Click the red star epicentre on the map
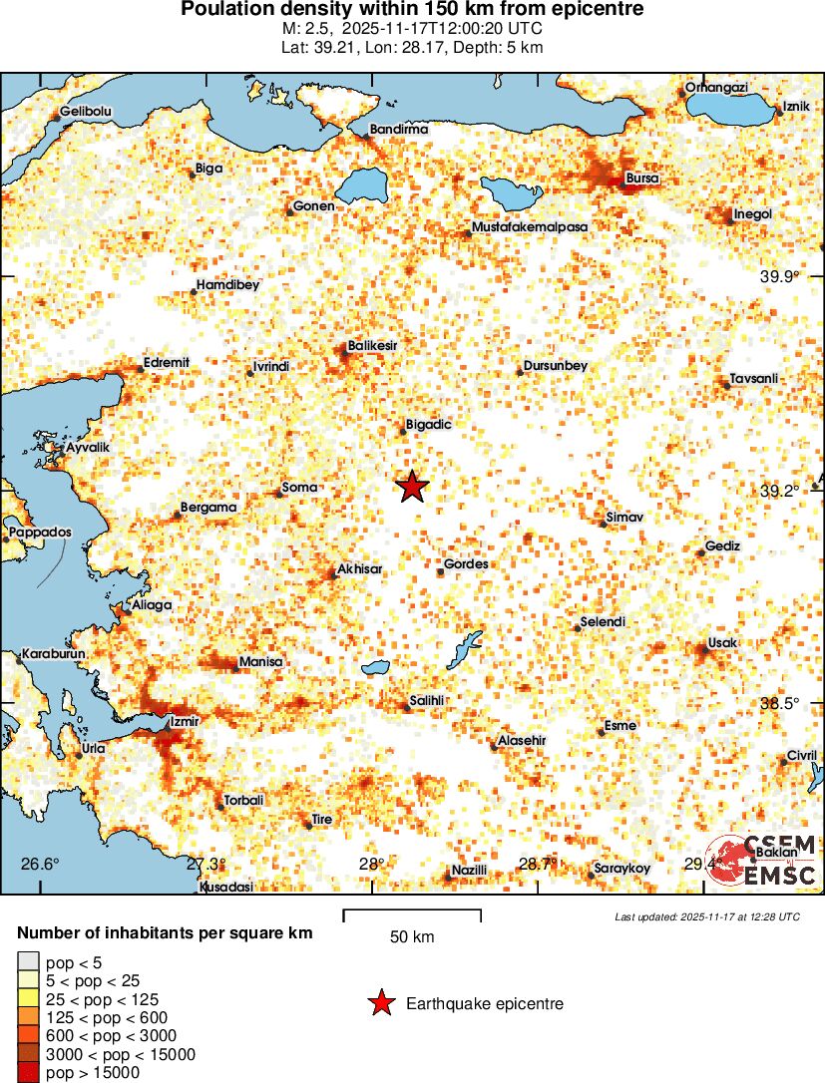(x=412, y=487)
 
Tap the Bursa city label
(x=641, y=179)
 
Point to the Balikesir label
(x=373, y=346)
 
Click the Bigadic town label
(x=429, y=425)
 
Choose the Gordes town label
(x=466, y=564)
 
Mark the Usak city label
(x=721, y=643)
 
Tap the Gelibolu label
(x=86, y=112)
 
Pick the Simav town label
(x=625, y=519)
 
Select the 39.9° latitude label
(x=780, y=277)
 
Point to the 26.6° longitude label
(x=43, y=864)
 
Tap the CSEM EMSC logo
(x=766, y=861)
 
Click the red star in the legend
(x=380, y=1004)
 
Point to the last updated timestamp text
(x=706, y=916)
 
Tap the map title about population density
(x=412, y=10)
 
